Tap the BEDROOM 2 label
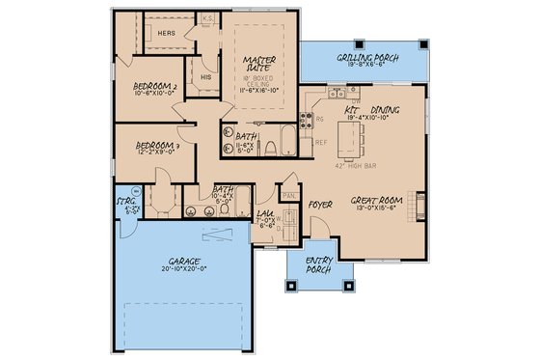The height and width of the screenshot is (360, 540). (x=153, y=87)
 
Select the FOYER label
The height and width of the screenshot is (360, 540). (x=319, y=205)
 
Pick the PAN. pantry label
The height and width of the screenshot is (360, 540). (x=287, y=194)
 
